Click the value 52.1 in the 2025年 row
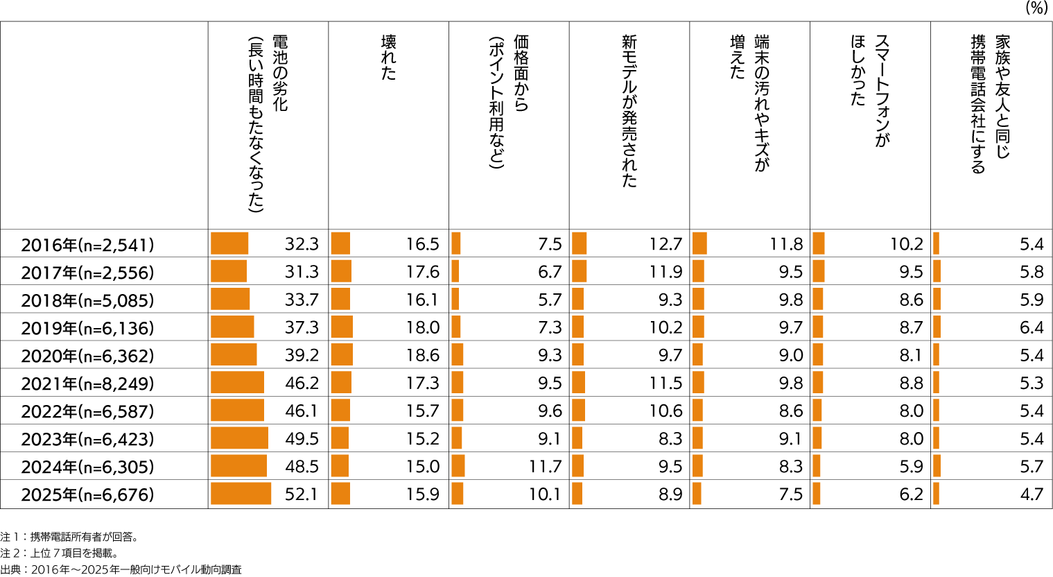(302, 494)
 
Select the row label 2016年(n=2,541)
(87, 245)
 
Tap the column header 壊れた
(389, 58)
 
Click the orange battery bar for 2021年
(237, 383)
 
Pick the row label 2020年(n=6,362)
(87, 356)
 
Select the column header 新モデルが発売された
(629, 111)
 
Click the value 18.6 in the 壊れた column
(423, 356)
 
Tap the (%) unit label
(1036, 8)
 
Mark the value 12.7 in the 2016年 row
(665, 244)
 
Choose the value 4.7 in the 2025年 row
(1032, 494)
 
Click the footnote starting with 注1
(69, 537)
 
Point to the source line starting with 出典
(121, 569)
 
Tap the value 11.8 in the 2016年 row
(786, 244)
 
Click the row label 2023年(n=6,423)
(87, 439)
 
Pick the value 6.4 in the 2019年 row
(1032, 327)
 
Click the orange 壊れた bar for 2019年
(342, 327)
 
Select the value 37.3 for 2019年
(302, 327)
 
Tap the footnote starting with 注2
(59, 553)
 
